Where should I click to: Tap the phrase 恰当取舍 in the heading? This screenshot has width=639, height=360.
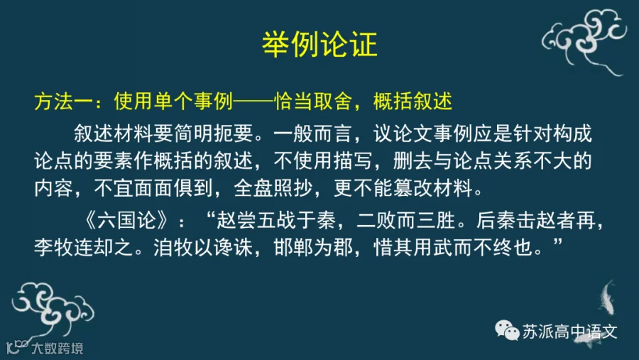click(x=312, y=101)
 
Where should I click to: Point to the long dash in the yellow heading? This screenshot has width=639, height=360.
click(x=253, y=102)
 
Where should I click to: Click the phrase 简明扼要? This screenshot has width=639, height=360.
click(x=214, y=133)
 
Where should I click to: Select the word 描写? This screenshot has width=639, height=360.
click(x=353, y=160)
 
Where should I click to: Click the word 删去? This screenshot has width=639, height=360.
click(x=413, y=160)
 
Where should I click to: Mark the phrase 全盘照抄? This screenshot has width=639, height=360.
click(x=273, y=188)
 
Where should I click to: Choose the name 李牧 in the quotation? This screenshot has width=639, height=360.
click(x=53, y=248)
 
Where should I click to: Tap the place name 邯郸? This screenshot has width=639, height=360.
click(x=293, y=248)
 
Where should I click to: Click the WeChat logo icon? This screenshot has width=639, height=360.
click(x=507, y=330)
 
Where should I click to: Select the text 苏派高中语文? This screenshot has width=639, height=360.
click(x=569, y=332)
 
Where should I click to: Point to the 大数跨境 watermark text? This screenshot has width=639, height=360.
click(x=58, y=348)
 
